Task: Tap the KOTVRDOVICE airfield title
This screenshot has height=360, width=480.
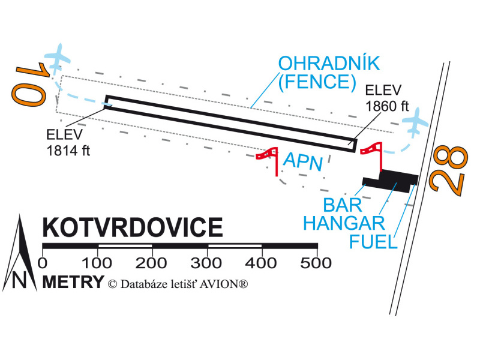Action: (x=132, y=229)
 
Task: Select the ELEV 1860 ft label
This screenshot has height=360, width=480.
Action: (x=386, y=99)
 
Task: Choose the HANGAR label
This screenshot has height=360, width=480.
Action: (x=344, y=223)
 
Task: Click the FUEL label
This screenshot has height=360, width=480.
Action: (x=373, y=242)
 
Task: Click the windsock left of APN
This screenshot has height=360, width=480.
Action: (x=269, y=158)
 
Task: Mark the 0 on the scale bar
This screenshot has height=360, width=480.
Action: (x=42, y=263)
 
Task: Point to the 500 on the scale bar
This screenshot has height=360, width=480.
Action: (x=316, y=263)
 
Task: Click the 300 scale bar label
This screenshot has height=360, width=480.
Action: (x=207, y=263)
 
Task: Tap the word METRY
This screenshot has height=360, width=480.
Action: (x=73, y=282)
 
